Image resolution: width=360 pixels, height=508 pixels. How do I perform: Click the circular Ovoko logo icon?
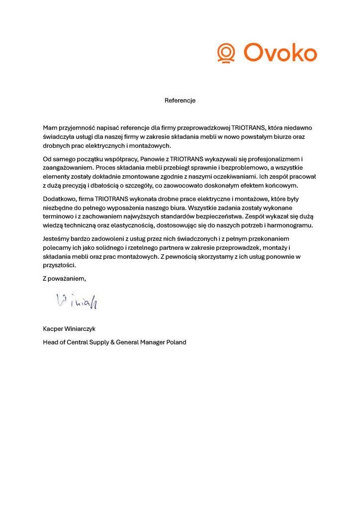pyautogui.click(x=226, y=52)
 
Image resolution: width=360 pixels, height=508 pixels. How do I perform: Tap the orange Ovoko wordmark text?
pyautogui.click(x=280, y=52)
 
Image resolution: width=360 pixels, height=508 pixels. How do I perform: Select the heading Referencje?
pyautogui.click(x=180, y=101)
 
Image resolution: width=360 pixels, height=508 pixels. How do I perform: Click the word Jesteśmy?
pyautogui.click(x=57, y=239)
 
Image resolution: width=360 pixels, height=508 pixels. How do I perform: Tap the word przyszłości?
pyautogui.click(x=59, y=266)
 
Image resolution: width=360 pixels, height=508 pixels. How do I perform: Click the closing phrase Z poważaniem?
pyautogui.click(x=64, y=279)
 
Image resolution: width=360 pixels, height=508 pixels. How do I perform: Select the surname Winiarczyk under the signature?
pyautogui.click(x=82, y=329)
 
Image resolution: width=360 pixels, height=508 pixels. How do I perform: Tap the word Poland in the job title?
pyautogui.click(x=175, y=342)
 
